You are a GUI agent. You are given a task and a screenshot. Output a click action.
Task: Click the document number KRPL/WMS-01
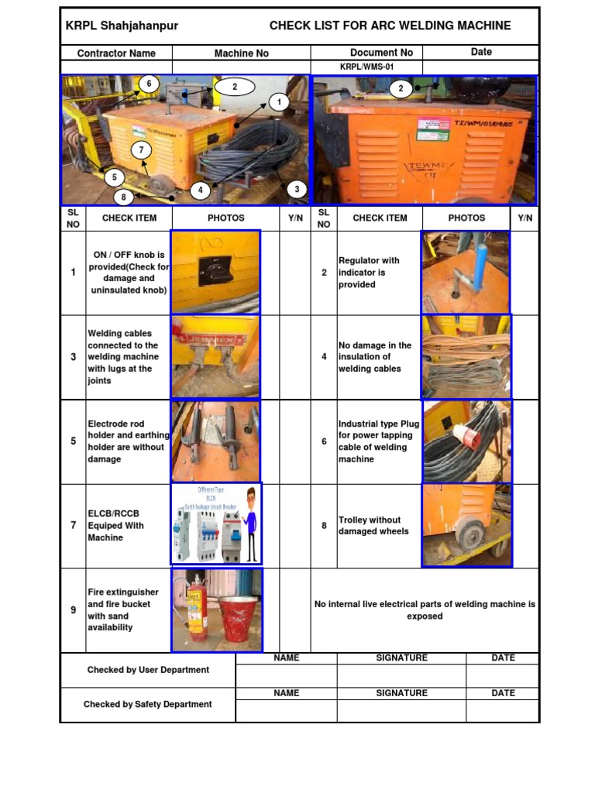coord(366,67)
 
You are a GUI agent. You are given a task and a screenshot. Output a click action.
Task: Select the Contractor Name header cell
coord(116,53)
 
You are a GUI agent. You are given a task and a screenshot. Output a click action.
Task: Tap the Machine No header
coord(241,53)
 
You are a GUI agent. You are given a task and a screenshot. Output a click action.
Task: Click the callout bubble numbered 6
coord(149,84)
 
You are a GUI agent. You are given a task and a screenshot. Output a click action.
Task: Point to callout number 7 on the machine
coord(140,150)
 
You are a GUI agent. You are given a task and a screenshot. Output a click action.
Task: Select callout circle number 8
coord(122,197)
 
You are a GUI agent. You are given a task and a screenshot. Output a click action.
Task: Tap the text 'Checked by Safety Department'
coord(147,705)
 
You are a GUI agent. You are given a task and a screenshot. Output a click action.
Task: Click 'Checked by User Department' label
coord(147,670)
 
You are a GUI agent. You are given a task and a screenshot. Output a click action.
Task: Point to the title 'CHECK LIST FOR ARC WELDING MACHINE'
coord(390,26)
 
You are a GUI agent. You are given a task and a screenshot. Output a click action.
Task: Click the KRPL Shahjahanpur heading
coord(122,26)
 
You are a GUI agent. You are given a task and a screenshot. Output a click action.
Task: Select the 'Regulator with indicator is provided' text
coord(370,273)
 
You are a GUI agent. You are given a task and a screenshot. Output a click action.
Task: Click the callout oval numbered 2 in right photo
coord(401,88)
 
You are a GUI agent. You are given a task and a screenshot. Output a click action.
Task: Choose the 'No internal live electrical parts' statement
coord(425,610)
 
